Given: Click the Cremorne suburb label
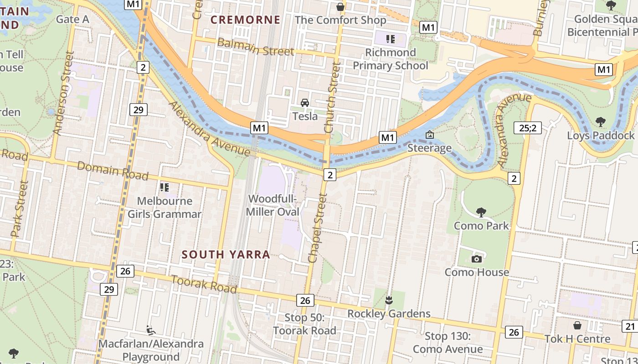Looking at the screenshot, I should pyautogui.click(x=245, y=20).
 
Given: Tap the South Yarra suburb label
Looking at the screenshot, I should pyautogui.click(x=226, y=255).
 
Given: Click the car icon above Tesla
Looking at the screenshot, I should pyautogui.click(x=305, y=103).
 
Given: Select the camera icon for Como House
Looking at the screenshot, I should pyautogui.click(x=477, y=259).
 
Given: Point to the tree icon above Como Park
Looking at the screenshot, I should pyautogui.click(x=481, y=212).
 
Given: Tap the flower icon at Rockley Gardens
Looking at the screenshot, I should pyautogui.click(x=389, y=300).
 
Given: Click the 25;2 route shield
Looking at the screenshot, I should pyautogui.click(x=527, y=128).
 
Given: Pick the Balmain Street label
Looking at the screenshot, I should pyautogui.click(x=255, y=47).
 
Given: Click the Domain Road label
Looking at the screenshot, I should pyautogui.click(x=113, y=171).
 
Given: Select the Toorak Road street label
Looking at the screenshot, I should pyautogui.click(x=204, y=284).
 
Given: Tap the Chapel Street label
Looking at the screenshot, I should pyautogui.click(x=318, y=228).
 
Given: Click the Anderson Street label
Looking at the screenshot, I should pyautogui.click(x=63, y=93).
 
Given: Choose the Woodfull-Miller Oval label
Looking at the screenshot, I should pyautogui.click(x=273, y=206).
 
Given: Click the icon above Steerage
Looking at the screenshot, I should pyautogui.click(x=429, y=135).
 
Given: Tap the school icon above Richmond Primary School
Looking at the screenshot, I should pyautogui.click(x=390, y=39).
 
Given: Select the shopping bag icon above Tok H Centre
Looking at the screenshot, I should pyautogui.click(x=577, y=325).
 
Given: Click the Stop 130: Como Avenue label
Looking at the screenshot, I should pyautogui.click(x=448, y=343).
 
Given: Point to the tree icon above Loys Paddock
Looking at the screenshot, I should pyautogui.click(x=600, y=121).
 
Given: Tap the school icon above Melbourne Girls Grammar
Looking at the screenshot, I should pyautogui.click(x=165, y=187).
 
